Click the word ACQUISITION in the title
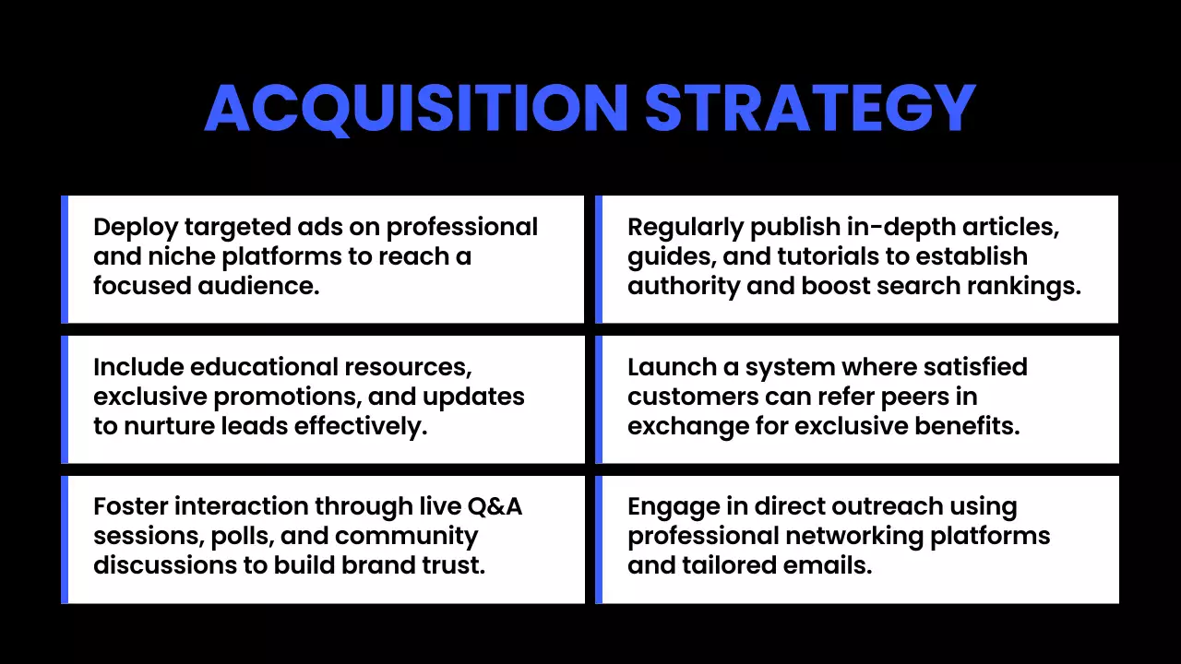[417, 109]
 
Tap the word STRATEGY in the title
[809, 109]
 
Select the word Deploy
[136, 228]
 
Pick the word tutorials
[844, 256]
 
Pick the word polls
[256, 536]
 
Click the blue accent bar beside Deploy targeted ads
[65, 259]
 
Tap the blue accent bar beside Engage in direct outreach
[599, 539]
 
